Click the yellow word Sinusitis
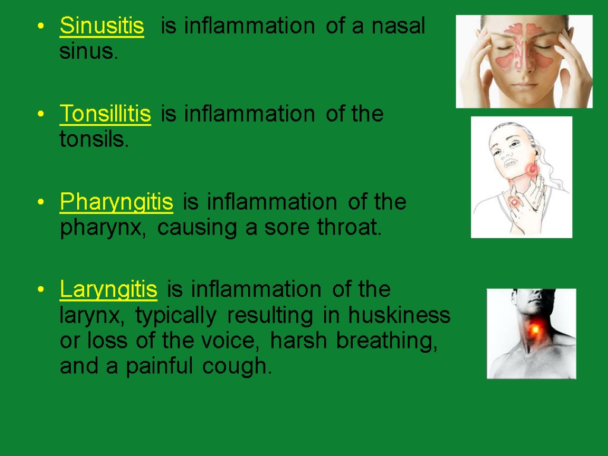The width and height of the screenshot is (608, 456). point(102,27)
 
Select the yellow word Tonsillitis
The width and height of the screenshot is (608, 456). point(105,114)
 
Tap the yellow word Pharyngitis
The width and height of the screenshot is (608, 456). point(116,202)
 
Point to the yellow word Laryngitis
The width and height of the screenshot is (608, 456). point(109,290)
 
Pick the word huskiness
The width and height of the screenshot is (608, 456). point(400,316)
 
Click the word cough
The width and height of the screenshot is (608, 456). point(236,368)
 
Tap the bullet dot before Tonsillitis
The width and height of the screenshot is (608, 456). point(40,114)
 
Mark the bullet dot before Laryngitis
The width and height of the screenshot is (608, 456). point(40,290)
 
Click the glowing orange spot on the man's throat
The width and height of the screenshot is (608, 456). point(535,327)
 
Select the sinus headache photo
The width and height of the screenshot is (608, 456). point(524,62)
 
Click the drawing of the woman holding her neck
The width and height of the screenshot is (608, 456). point(521,177)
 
